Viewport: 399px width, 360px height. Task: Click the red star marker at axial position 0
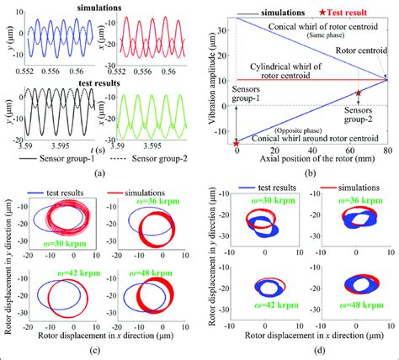(x=237, y=145)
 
